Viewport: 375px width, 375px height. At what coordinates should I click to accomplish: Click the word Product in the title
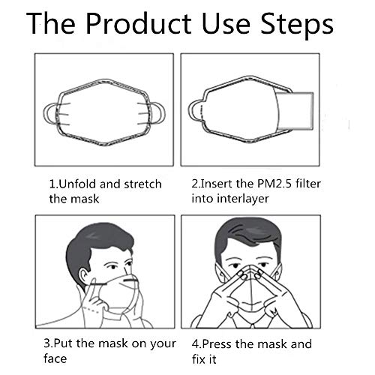(x=139, y=24)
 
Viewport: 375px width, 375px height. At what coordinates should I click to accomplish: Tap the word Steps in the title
(x=297, y=25)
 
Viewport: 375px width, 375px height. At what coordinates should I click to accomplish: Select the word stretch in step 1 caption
(x=143, y=184)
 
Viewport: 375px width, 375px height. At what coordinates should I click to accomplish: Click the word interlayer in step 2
(x=243, y=199)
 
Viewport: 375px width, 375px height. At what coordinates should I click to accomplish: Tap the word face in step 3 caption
(x=55, y=358)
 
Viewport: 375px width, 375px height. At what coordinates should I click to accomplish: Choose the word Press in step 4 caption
(x=217, y=343)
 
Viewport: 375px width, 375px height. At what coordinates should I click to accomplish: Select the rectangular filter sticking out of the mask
(x=295, y=111)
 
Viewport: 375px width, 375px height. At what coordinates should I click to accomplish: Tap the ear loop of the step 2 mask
(x=193, y=111)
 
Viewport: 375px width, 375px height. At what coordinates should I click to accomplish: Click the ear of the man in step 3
(x=83, y=277)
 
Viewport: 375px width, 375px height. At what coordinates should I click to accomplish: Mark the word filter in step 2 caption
(x=308, y=184)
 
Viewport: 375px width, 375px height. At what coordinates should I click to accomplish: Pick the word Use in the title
(x=225, y=24)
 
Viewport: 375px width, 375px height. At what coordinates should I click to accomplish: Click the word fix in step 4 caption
(x=197, y=359)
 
